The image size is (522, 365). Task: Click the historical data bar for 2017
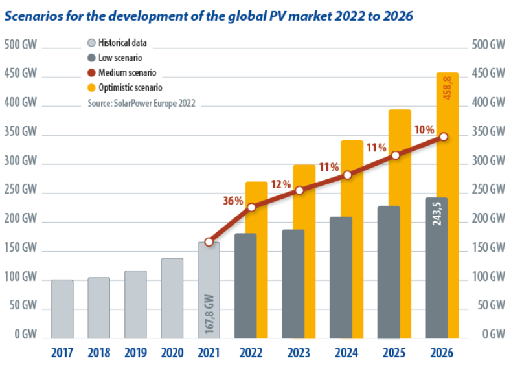click(x=62, y=309)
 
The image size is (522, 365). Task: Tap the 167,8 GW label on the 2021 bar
click(x=209, y=315)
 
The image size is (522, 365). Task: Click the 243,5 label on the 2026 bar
click(x=437, y=214)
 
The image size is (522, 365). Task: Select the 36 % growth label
click(x=233, y=201)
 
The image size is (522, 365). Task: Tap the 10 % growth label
click(x=424, y=129)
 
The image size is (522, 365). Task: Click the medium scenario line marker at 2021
click(x=209, y=241)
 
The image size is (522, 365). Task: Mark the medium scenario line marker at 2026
click(x=444, y=137)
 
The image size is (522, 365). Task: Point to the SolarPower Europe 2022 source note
click(x=141, y=102)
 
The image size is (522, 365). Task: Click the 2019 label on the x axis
click(x=135, y=354)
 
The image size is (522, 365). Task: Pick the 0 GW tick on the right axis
click(x=492, y=335)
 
